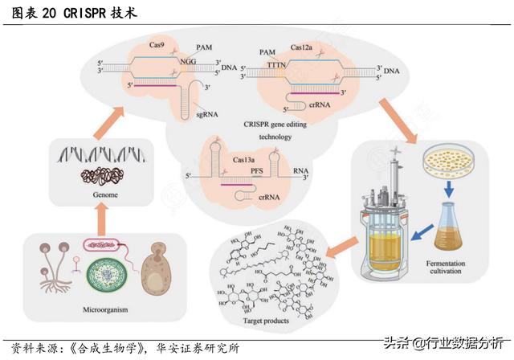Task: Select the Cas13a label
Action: [x=245, y=161]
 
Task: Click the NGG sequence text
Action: [x=189, y=60]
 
